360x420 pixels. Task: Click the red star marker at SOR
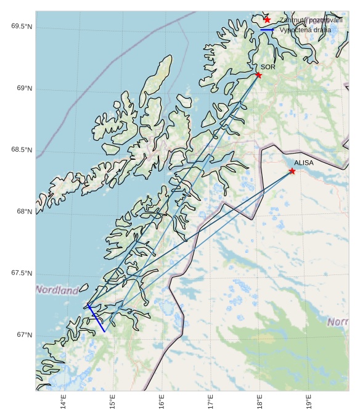pos(258,75)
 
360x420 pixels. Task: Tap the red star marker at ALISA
pos(292,171)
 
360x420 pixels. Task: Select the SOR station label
pos(268,67)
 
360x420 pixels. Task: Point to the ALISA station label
pos(303,163)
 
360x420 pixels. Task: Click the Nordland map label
pos(57,289)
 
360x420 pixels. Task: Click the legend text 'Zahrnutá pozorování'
pos(311,20)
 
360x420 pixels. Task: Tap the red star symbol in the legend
pos(267,20)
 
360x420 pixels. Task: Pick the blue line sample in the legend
pos(267,30)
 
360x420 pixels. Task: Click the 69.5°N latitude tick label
pos(22,27)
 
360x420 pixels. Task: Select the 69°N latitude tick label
pos(25,89)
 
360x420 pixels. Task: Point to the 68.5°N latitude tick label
pos(22,150)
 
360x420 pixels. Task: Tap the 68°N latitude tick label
pos(25,212)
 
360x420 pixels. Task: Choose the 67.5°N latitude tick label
pos(22,273)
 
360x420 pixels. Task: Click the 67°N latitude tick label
pos(25,335)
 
